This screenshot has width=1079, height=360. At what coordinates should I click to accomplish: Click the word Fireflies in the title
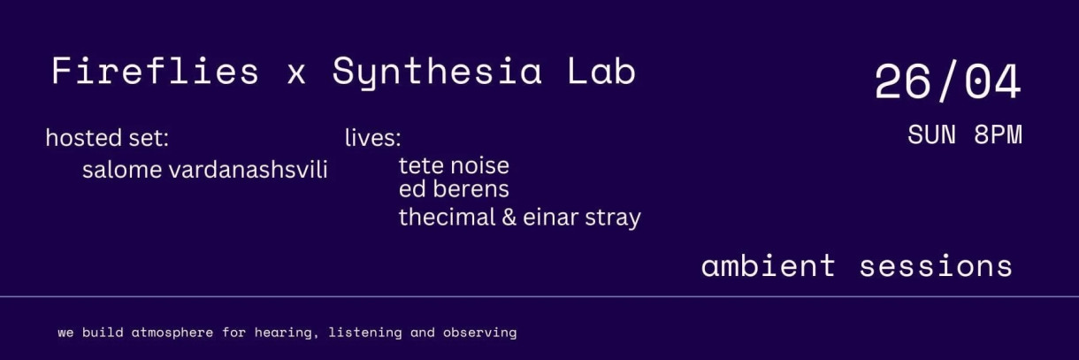pos(156,72)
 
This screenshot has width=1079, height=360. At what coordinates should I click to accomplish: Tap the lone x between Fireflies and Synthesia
pos(296,74)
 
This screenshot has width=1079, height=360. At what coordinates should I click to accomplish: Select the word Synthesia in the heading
pos(437,72)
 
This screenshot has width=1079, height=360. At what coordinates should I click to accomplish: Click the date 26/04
pos(947,84)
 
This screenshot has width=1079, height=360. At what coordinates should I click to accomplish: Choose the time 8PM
pos(998,135)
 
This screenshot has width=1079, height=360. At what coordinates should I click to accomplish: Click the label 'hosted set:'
pos(107,138)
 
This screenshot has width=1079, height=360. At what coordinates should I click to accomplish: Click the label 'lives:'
pos(372,138)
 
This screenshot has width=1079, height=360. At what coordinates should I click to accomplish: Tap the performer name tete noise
pos(454,165)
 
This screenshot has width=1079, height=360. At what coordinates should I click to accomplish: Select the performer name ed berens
pos(454,189)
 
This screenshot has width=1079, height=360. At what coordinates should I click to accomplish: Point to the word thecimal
pos(447,218)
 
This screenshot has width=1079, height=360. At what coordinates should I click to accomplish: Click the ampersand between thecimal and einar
pos(509,218)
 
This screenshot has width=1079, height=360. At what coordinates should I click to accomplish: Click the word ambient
pos(768,266)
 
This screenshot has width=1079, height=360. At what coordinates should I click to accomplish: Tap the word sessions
pos(936,266)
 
